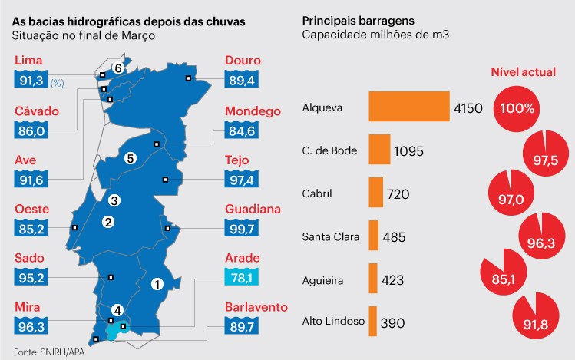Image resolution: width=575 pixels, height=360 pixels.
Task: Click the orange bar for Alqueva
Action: (x=409, y=107)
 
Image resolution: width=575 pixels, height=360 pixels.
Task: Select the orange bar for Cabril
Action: (x=376, y=193)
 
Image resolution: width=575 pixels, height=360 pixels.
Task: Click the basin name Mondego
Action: (x=253, y=111)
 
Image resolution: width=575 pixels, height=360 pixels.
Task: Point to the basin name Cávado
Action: (x=37, y=111)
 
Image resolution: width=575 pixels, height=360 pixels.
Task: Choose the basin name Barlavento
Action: (x=257, y=308)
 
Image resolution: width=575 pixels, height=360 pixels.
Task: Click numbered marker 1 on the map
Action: (x=157, y=283)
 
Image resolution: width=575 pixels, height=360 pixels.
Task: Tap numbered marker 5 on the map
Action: (x=131, y=159)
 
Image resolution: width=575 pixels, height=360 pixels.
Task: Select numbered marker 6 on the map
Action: (x=118, y=68)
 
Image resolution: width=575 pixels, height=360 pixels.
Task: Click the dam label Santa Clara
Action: (x=331, y=236)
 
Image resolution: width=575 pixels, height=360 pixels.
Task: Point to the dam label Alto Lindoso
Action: (x=332, y=321)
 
